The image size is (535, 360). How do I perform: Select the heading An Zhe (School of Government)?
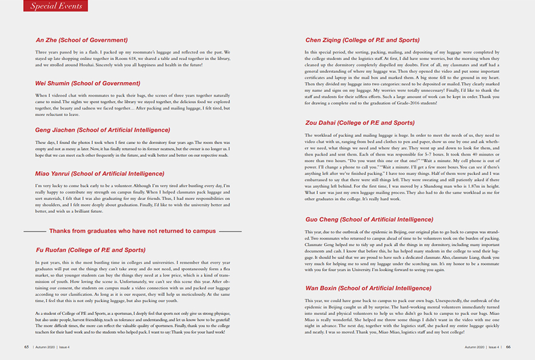82,40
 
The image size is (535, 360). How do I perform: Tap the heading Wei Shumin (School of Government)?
88,83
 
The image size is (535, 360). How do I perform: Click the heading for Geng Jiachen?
103,130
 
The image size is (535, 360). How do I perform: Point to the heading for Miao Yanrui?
100,173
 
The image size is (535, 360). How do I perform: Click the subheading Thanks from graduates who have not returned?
133,231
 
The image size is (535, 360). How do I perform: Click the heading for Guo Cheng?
369,220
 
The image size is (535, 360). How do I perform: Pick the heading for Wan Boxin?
368,288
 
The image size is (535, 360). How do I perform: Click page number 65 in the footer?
27,347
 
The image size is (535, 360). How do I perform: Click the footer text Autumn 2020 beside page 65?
46,347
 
